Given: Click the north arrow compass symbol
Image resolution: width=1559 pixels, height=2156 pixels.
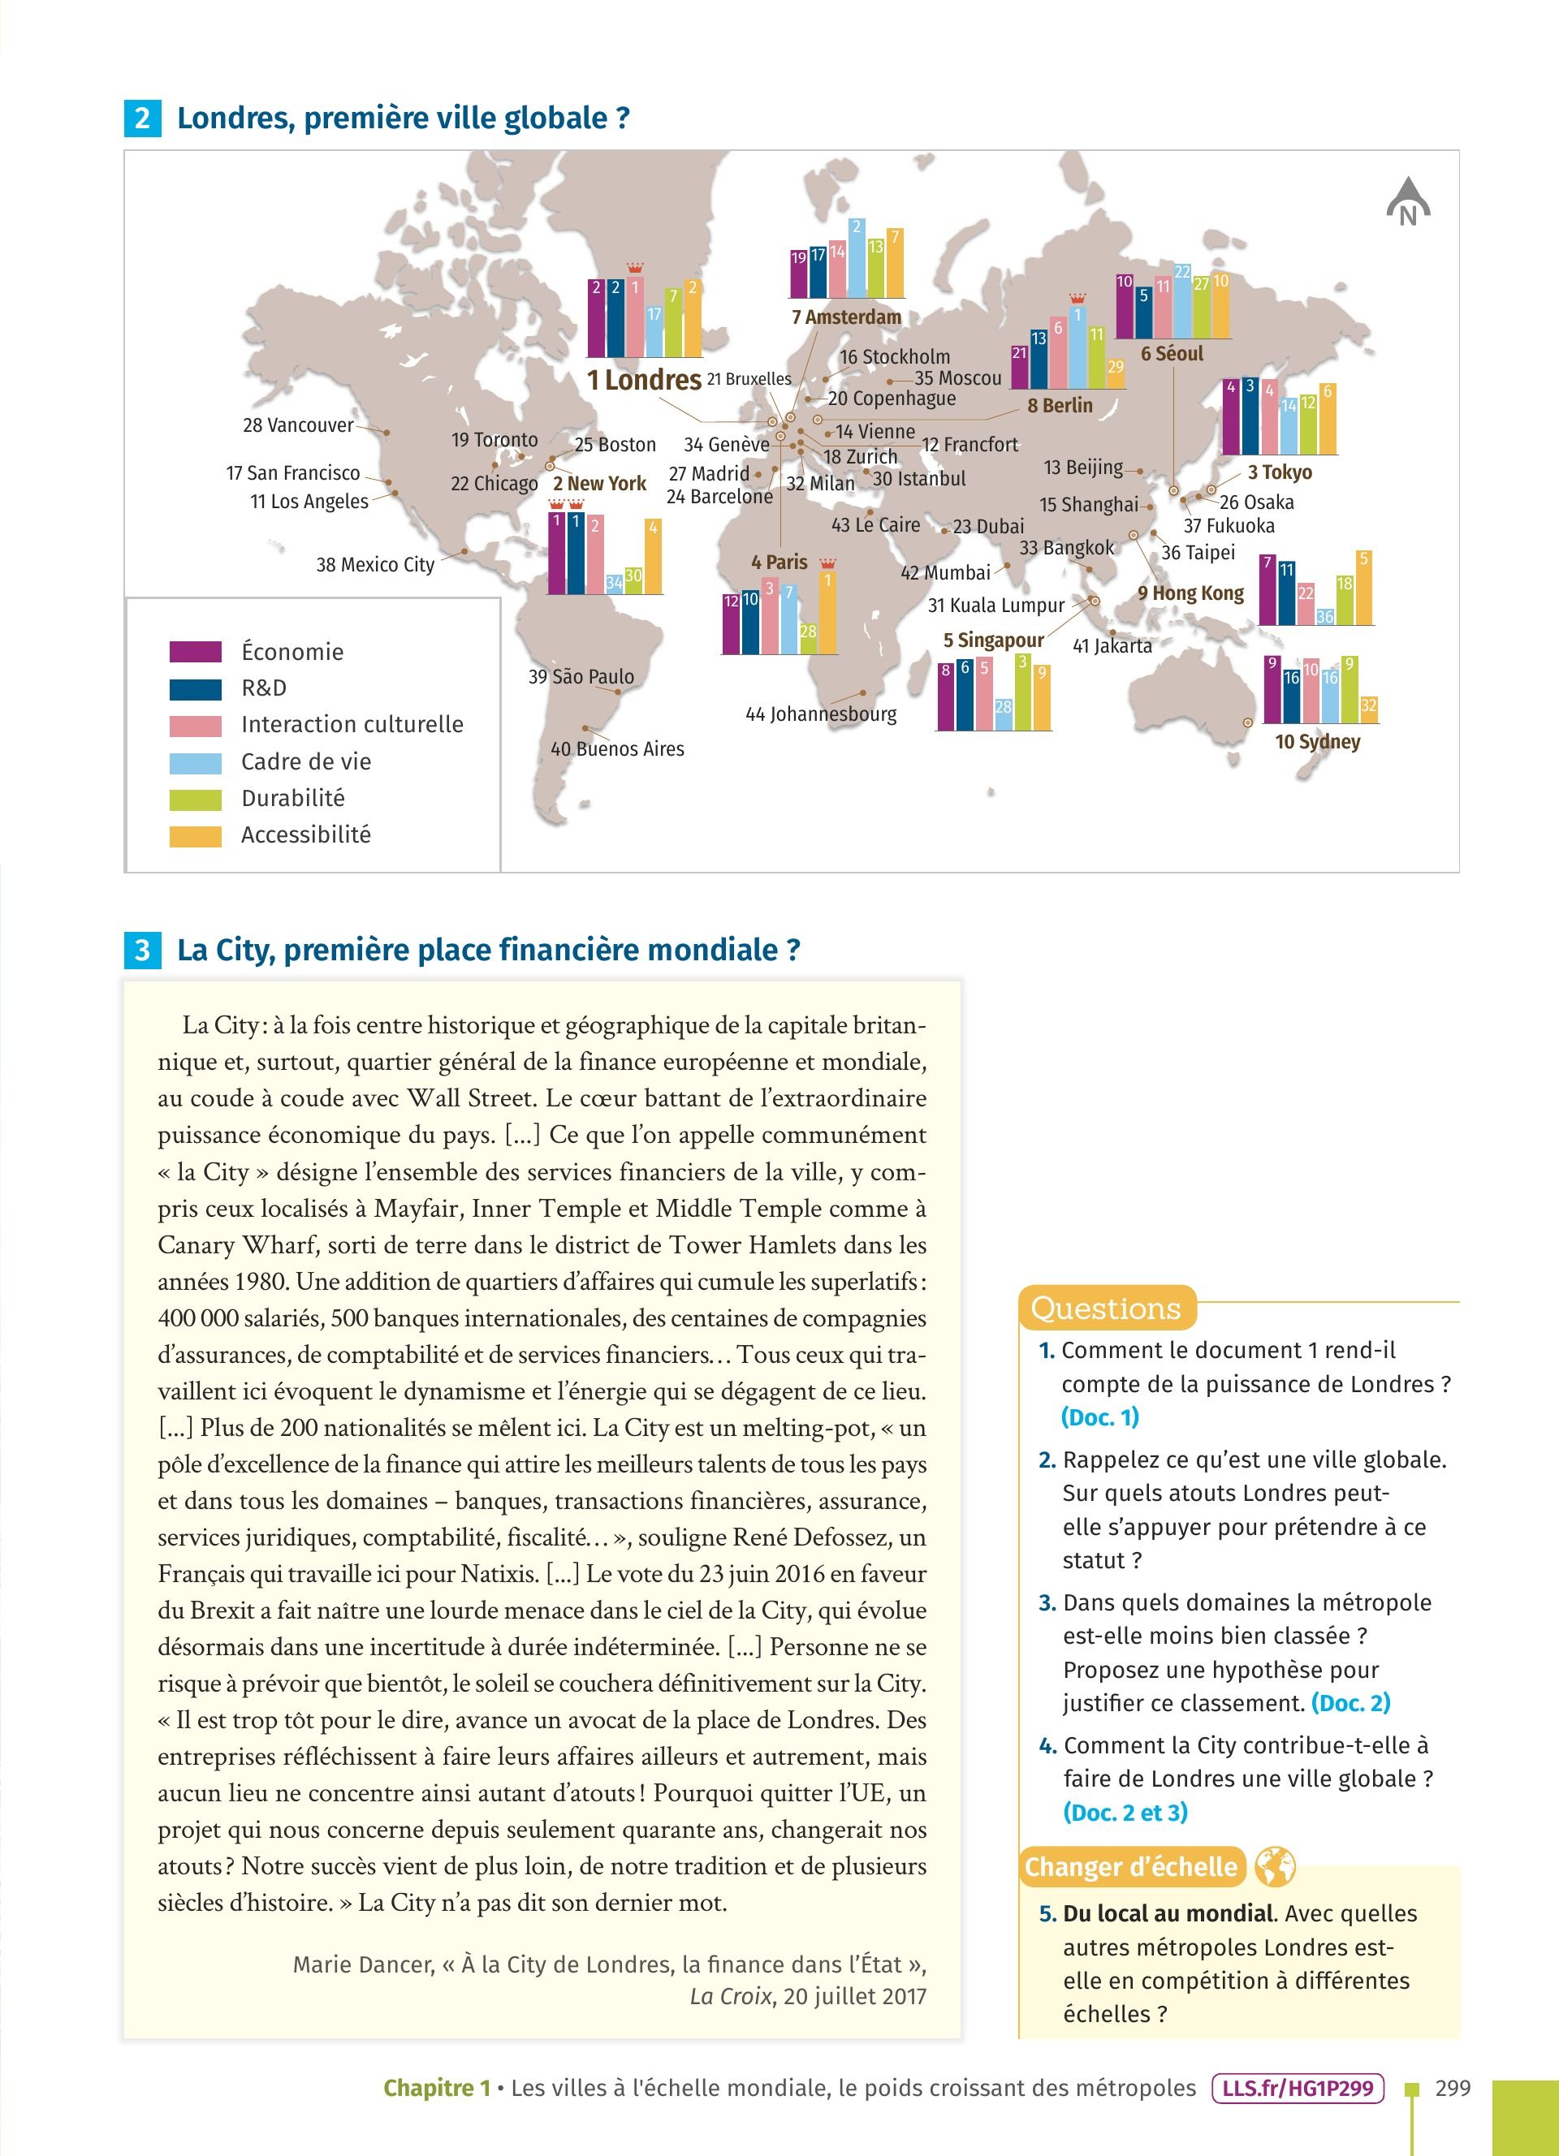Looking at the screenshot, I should point(1408,202).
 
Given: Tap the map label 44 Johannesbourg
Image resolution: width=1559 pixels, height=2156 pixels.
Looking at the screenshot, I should point(820,714).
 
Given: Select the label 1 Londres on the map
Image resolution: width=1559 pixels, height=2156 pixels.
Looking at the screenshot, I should point(644,380).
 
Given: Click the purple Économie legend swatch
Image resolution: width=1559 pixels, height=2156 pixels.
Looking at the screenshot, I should point(196,651).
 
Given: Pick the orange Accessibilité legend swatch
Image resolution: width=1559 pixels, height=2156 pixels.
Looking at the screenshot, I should point(196,835).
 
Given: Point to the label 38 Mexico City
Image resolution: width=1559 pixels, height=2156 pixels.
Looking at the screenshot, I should point(374,565).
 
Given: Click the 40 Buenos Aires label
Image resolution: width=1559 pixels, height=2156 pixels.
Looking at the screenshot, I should point(617,749).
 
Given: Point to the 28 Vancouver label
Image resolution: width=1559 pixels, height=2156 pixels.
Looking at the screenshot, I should point(297,425).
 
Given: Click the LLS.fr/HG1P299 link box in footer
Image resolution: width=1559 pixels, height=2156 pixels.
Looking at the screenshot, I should point(1298,2088).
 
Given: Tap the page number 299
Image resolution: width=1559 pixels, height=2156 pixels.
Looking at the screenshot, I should point(1453,2088).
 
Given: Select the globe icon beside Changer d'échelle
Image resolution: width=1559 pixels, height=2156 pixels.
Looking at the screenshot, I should point(1275,1867).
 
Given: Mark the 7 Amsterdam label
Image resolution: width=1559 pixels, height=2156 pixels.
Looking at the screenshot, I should point(846,317).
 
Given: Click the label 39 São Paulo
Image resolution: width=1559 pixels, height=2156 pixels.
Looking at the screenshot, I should point(581,677).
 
